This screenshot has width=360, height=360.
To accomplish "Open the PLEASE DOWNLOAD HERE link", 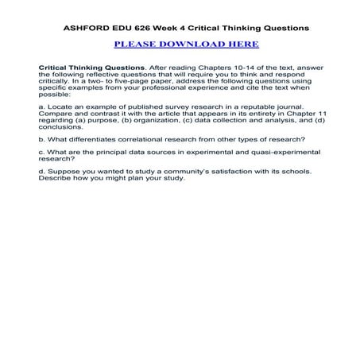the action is pos(180,45).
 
